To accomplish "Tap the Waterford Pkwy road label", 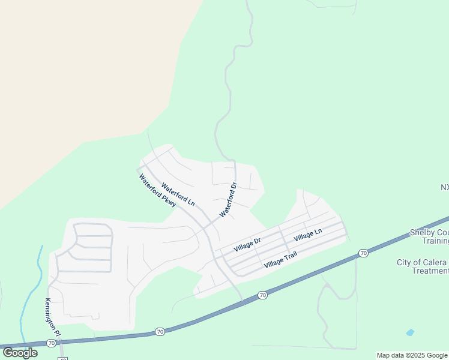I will [157, 191].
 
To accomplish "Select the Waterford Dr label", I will [229, 200].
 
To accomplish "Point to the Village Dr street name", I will [247, 244].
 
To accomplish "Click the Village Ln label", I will [308, 234].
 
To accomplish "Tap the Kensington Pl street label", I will [53, 317].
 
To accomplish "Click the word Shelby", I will [423, 232].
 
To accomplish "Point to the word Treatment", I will [430, 271].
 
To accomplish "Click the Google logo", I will [20, 352].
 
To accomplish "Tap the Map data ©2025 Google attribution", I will [412, 355].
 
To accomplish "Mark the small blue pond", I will [410, 332].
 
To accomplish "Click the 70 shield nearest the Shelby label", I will [363, 253].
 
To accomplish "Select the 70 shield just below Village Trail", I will [262, 295].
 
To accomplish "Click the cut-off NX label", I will [444, 187].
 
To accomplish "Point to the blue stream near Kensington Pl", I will [30, 288].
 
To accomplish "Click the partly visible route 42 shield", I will [62, 358].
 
